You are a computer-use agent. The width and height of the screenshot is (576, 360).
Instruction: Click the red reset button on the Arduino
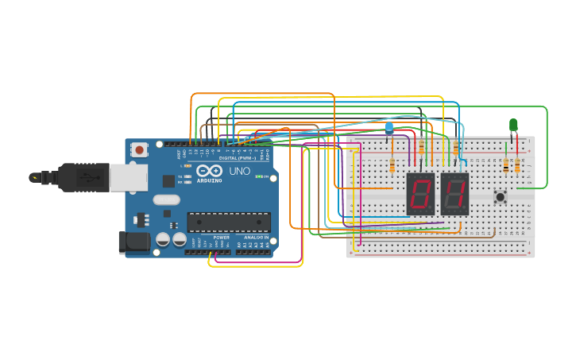pyautogui.click(x=140, y=149)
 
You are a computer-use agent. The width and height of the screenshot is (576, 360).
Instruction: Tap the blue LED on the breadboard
pyautogui.click(x=389, y=128)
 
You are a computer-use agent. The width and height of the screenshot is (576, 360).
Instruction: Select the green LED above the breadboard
pyautogui.click(x=513, y=125)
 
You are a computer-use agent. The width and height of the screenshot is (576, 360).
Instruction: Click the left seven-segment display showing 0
pyautogui.click(x=420, y=193)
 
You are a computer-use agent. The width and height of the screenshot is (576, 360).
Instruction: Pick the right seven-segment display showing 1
pyautogui.click(x=454, y=193)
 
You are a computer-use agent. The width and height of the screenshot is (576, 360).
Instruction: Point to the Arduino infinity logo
pyautogui.click(x=211, y=171)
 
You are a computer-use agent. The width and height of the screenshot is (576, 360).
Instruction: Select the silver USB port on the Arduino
pyautogui.click(x=127, y=178)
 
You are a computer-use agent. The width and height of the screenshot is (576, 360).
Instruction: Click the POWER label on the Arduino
pyautogui.click(x=222, y=237)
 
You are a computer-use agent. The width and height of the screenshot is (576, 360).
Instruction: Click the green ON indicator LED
pyautogui.click(x=259, y=176)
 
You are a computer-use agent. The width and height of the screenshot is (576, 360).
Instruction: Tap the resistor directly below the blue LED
pyautogui.click(x=392, y=165)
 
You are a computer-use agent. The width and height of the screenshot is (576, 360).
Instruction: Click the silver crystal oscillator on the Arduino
pyautogui.click(x=168, y=213)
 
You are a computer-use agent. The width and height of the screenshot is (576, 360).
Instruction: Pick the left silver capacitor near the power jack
pyautogui.click(x=163, y=238)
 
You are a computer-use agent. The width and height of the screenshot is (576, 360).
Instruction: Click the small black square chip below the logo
pyautogui.click(x=168, y=181)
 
